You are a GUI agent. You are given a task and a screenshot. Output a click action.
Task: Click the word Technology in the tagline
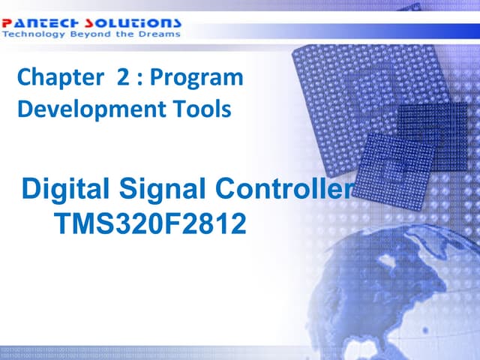(29, 34)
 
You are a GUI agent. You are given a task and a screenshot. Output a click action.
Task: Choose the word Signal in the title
(167, 190)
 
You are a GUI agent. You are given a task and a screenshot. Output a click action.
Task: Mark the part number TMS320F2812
(150, 223)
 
